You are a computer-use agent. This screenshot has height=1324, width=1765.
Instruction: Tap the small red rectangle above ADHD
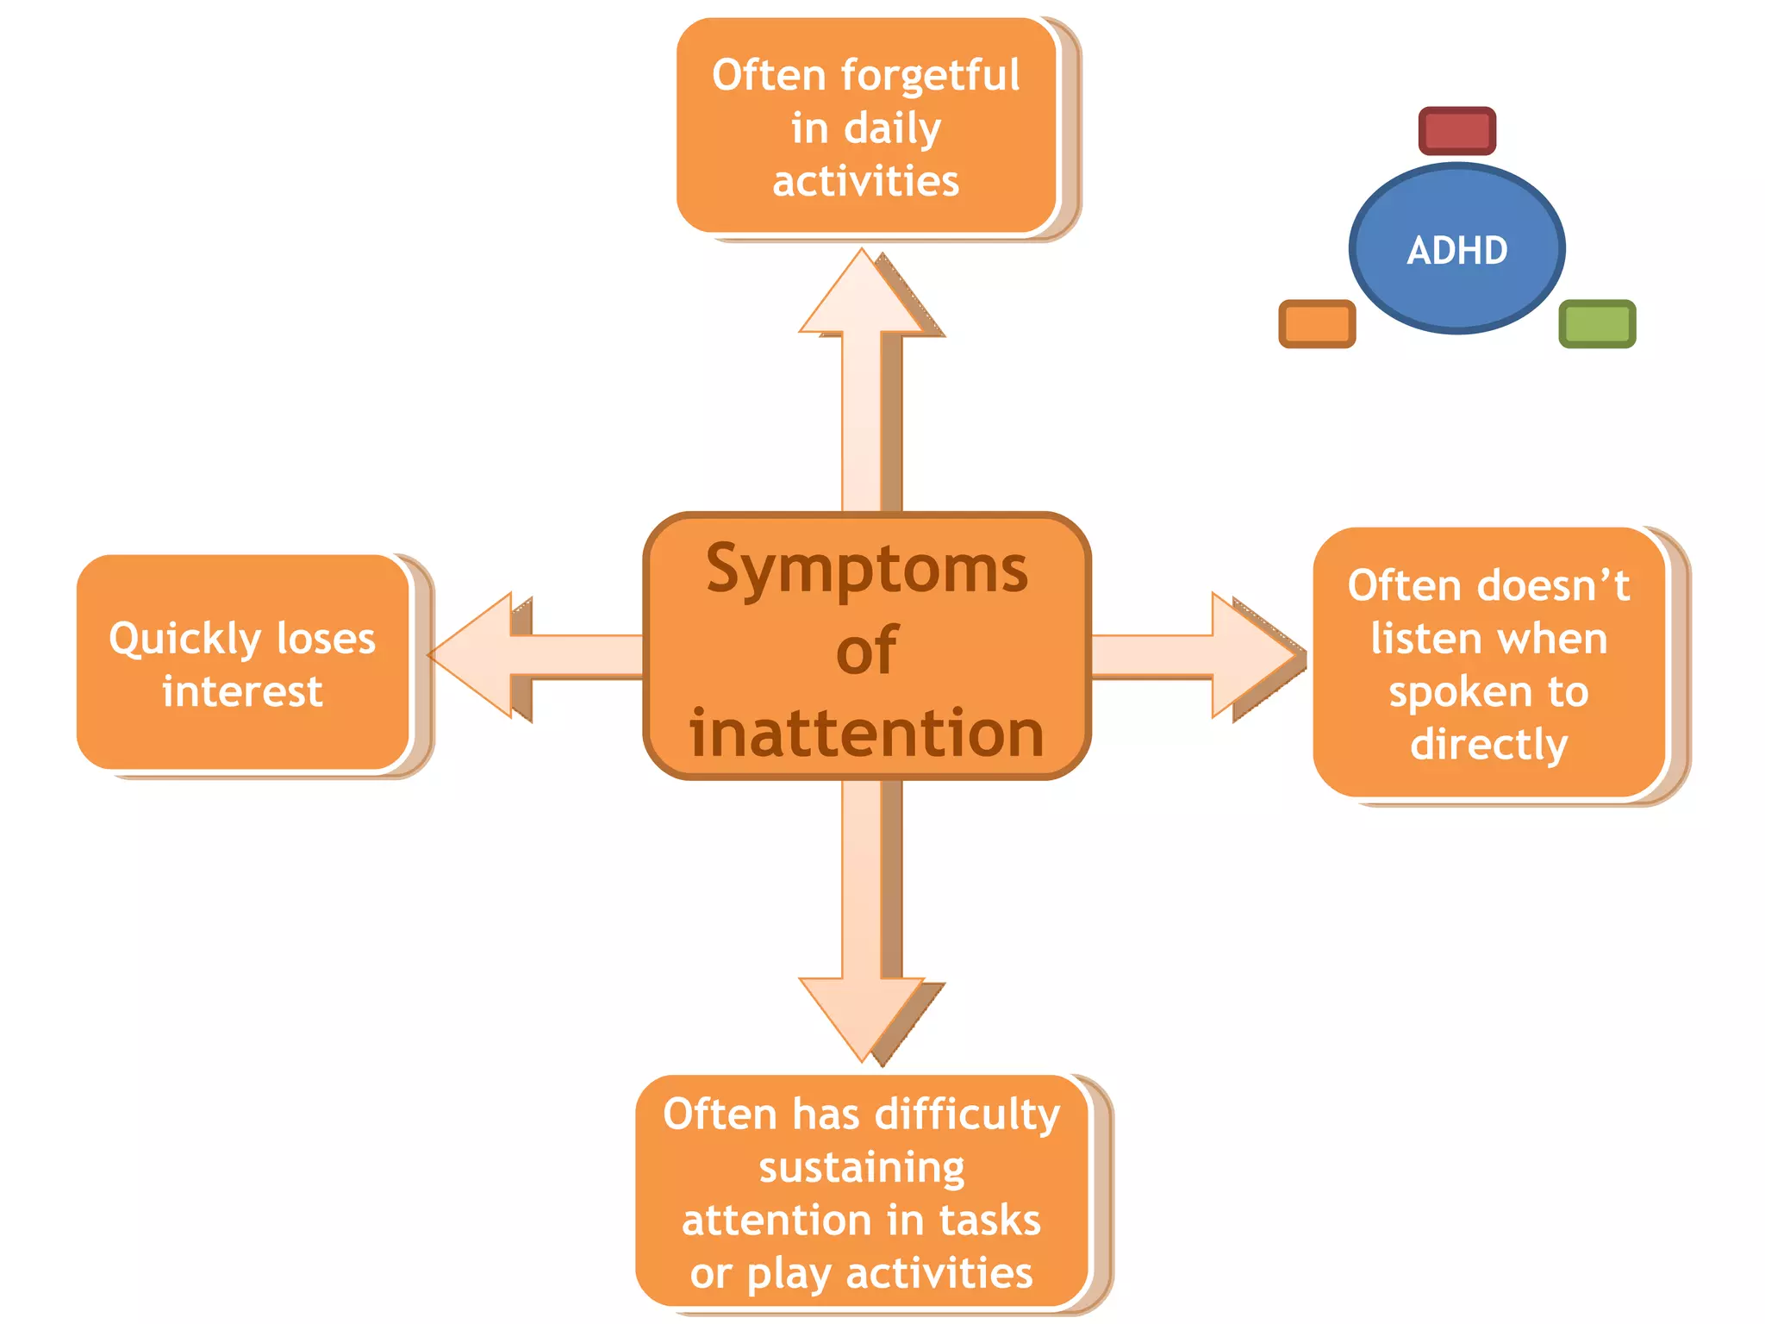tap(1456, 131)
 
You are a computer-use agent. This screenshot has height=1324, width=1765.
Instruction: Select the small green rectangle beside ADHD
tap(1597, 324)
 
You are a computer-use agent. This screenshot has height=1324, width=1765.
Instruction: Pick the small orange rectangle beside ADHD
tap(1317, 324)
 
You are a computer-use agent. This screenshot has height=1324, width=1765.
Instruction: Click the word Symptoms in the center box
tap(867, 571)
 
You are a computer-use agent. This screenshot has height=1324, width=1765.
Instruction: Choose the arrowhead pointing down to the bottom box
tap(862, 1017)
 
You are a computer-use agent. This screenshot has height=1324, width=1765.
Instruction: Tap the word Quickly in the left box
tap(184, 640)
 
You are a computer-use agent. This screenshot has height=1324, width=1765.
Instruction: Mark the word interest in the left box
tap(242, 691)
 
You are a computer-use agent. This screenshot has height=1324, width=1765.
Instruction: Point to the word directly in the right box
tap(1488, 744)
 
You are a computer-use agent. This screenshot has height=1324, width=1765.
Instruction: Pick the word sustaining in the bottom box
tap(862, 1169)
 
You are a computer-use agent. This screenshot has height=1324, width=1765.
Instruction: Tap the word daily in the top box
tap(893, 129)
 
